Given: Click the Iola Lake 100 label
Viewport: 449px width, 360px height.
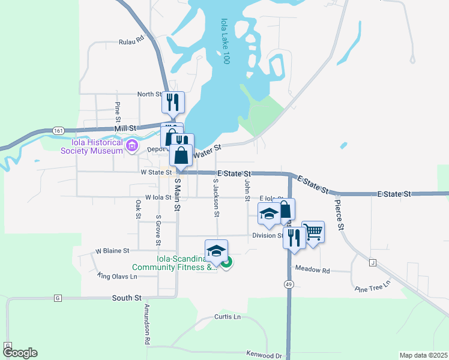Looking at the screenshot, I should tap(225, 41).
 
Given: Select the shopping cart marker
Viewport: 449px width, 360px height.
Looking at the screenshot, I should tap(313, 231).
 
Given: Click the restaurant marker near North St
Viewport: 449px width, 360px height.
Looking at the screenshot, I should tap(172, 102).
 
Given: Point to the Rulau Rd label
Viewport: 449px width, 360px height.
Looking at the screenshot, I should tap(132, 41).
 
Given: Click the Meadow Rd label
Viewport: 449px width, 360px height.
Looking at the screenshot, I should tap(318, 271).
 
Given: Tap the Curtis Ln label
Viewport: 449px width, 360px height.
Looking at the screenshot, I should tap(228, 317).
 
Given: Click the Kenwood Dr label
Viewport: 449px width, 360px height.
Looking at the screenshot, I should tap(264, 356).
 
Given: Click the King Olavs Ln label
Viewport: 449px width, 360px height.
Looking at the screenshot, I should tap(117, 276).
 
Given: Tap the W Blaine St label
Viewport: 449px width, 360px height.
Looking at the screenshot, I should tap(113, 250).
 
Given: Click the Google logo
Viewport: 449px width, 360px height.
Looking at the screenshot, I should tap(20, 353).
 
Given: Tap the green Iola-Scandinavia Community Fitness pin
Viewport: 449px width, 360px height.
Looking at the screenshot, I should tap(226, 262).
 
